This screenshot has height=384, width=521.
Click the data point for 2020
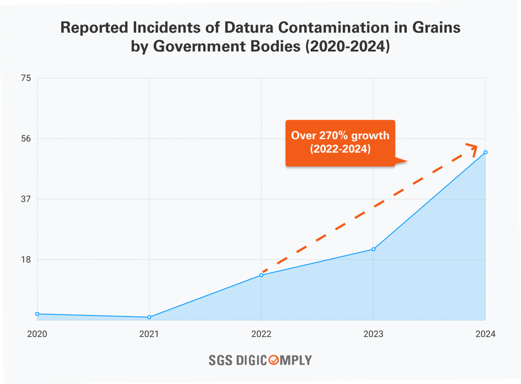[37, 314]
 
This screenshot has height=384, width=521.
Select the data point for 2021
[149, 317]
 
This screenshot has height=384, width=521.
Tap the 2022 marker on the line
[261, 275]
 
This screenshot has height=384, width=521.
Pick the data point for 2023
[373, 249]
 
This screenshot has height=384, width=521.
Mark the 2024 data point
[485, 152]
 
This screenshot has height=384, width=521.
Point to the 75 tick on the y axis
[26, 78]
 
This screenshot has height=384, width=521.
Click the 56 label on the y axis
[26, 139]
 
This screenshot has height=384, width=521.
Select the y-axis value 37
[26, 199]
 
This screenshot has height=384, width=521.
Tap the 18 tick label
[26, 260]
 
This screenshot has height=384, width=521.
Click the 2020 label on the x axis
[37, 334]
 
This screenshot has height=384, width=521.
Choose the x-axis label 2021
[149, 334]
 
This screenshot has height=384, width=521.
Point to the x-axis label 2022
[261, 334]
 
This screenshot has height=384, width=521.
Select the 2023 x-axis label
[373, 334]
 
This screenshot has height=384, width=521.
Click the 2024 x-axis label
[485, 334]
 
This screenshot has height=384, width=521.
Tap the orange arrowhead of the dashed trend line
[473, 148]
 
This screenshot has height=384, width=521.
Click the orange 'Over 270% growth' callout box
[340, 143]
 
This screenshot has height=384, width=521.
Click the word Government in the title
[199, 47]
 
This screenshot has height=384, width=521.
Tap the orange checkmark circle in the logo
[273, 360]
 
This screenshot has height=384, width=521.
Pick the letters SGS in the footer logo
[221, 360]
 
